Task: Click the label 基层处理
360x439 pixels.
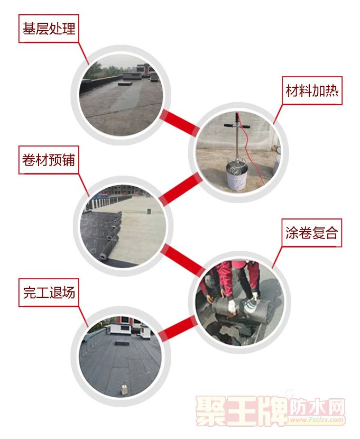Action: click(x=49, y=29)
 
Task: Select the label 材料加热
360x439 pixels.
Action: click(x=312, y=91)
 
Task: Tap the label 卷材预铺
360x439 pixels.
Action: click(x=49, y=160)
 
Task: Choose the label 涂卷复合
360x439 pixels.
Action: click(x=311, y=233)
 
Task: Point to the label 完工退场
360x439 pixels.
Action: click(x=49, y=292)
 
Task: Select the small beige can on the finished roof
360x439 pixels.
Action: click(x=123, y=390)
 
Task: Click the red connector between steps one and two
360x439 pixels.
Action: click(x=179, y=123)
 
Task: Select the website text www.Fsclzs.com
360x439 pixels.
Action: click(x=317, y=419)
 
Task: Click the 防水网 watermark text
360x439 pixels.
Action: click(x=317, y=407)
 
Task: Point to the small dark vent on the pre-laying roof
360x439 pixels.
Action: click(x=149, y=212)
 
